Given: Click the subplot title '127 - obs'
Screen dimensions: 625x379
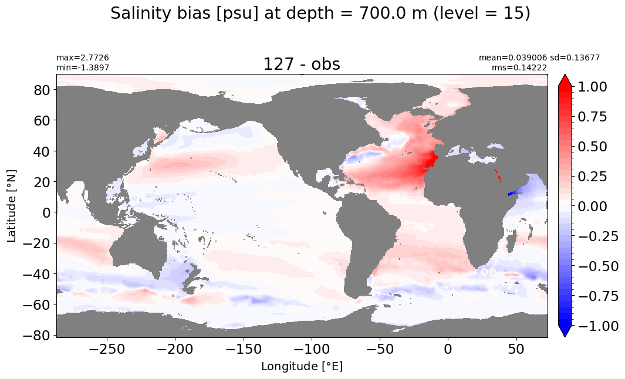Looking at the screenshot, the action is (302, 64).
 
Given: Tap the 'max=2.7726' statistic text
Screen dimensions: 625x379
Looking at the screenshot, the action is (83, 58).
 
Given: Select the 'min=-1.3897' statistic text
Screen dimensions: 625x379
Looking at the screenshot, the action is (83, 67).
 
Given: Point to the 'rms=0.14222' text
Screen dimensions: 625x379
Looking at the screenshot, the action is (519, 67).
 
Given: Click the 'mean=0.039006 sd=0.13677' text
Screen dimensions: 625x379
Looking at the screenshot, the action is (539, 58).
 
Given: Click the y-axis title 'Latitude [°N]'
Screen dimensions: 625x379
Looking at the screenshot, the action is (12, 207).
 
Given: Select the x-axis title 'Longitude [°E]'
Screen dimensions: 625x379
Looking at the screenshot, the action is (302, 366).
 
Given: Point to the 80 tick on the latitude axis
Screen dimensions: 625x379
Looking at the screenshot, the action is (42, 90).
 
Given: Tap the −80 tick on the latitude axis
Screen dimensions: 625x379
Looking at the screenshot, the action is (38, 335).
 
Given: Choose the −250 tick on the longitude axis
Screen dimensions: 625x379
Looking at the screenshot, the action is (106, 349).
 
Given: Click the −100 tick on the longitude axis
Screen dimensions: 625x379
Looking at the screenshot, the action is (311, 349).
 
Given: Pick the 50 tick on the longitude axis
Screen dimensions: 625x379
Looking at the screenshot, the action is (516, 349).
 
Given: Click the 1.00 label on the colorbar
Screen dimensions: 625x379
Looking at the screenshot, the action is (592, 86).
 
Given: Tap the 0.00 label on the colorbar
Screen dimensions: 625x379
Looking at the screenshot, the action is (592, 206).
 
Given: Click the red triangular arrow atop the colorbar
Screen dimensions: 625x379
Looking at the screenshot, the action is (565, 80).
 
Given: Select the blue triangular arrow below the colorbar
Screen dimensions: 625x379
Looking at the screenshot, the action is (565, 331).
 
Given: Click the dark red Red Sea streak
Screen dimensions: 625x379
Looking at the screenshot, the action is (498, 176).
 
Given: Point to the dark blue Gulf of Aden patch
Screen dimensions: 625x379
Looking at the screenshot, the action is (514, 193).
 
